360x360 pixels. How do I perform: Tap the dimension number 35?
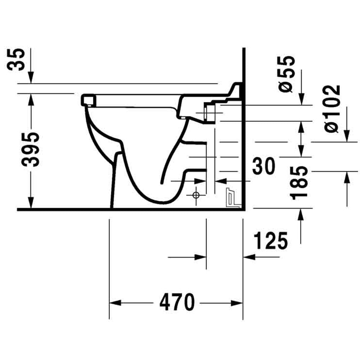[16, 59]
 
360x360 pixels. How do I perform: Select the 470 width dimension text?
[177, 303]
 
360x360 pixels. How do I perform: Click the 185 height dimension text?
[298, 183]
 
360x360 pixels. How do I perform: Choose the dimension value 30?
[264, 166]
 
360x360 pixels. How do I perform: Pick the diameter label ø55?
[285, 74]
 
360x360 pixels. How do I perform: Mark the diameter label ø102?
[332, 109]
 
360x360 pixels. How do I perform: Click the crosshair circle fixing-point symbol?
[196, 195]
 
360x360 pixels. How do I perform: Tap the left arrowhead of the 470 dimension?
[115, 303]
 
